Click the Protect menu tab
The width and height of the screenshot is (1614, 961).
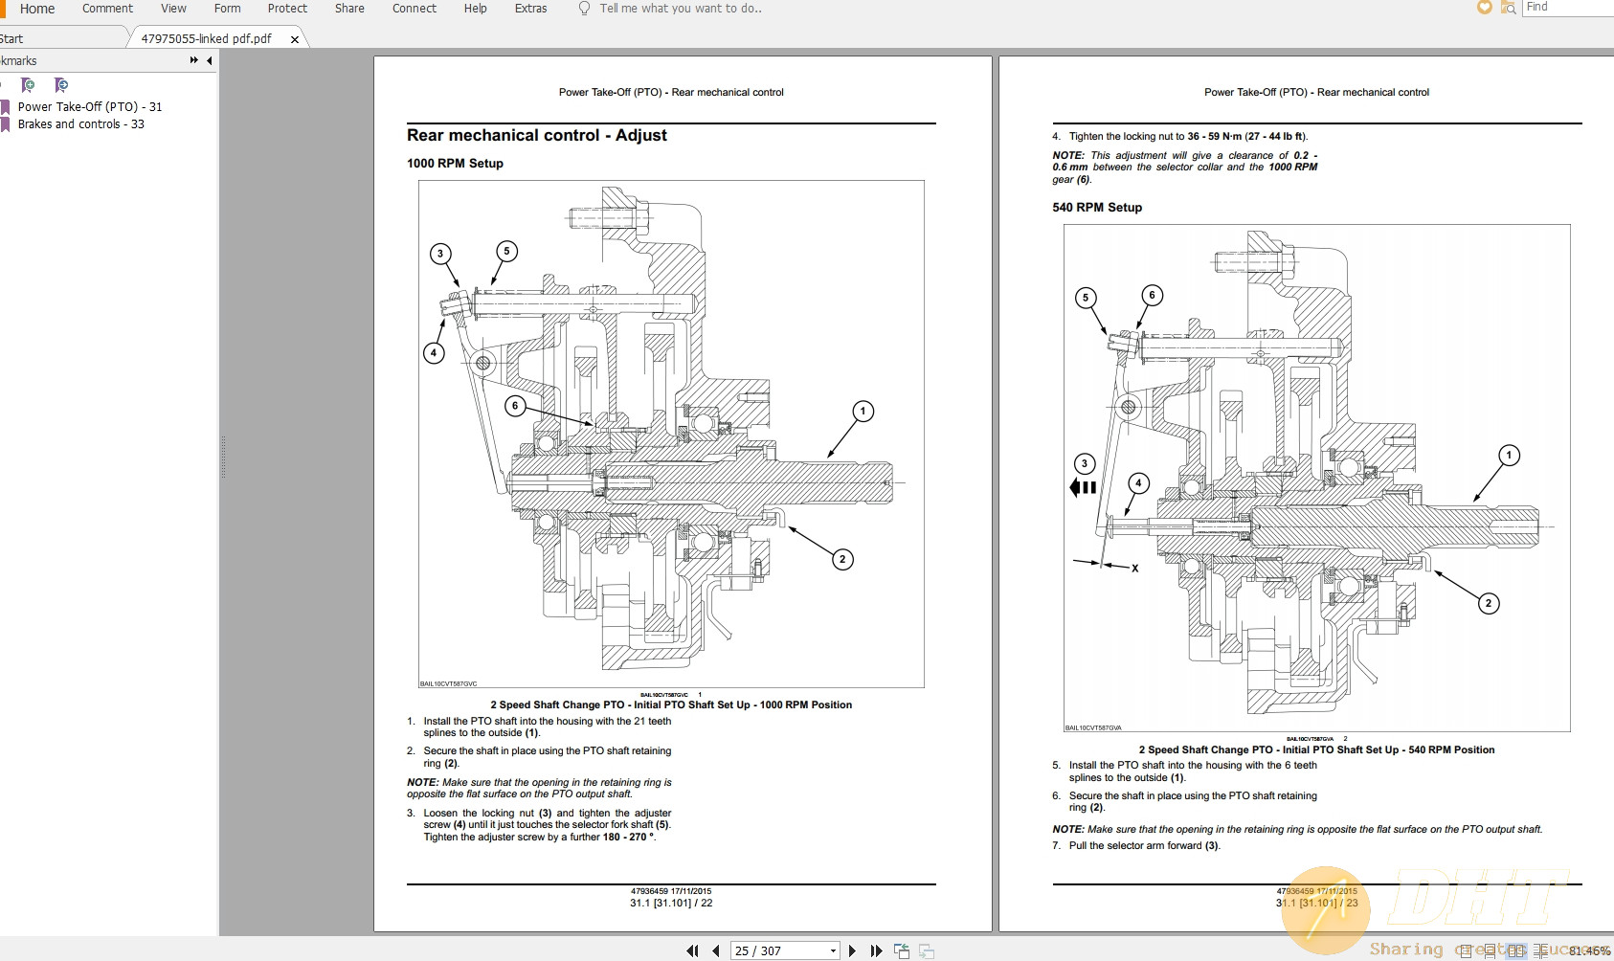point(287,9)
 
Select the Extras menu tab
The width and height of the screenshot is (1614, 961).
point(530,9)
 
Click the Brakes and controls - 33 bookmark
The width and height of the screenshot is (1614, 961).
point(80,124)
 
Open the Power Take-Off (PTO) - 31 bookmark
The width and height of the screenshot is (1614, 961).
point(89,107)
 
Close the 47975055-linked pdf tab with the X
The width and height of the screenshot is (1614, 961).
point(295,39)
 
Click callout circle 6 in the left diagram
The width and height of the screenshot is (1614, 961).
point(515,406)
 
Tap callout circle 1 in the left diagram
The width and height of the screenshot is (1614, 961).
point(863,412)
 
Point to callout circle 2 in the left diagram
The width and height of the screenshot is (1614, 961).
point(842,559)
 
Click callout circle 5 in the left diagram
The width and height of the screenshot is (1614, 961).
point(506,252)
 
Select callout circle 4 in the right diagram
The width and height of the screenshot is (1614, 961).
point(1138,483)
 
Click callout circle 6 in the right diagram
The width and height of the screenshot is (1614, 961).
point(1152,295)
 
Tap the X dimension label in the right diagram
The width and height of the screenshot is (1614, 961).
point(1135,569)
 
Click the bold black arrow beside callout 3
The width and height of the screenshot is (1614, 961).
point(1083,487)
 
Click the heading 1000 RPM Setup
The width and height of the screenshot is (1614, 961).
point(455,164)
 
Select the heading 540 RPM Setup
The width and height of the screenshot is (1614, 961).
point(1097,208)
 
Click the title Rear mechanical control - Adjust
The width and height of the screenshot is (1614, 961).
point(536,136)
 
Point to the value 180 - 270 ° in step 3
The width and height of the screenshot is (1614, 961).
point(628,838)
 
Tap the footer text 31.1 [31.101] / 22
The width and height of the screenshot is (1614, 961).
point(671,903)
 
